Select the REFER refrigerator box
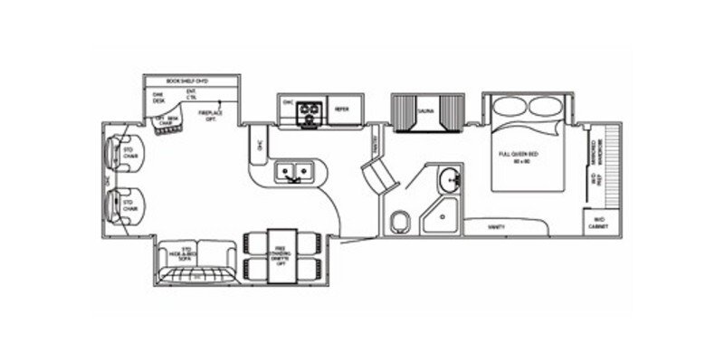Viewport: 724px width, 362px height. click(x=342, y=108)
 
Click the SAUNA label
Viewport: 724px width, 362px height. click(x=424, y=112)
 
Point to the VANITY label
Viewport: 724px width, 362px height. click(x=495, y=227)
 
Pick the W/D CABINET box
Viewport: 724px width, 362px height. click(x=598, y=221)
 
